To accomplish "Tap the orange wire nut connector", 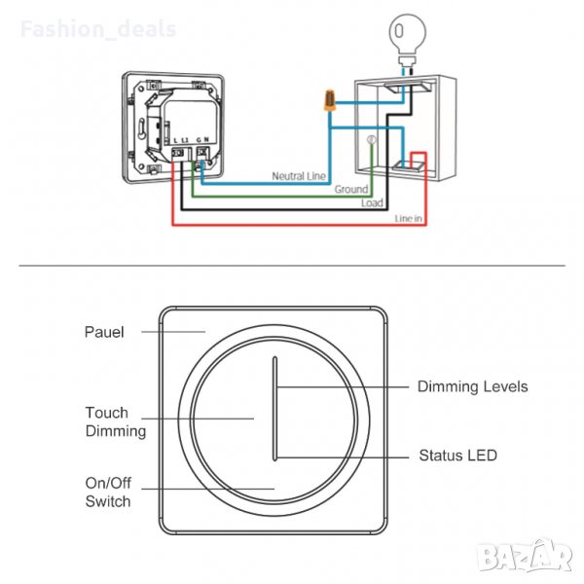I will click(x=331, y=99).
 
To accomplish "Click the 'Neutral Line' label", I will click(x=299, y=177).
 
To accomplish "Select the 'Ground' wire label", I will click(x=351, y=190).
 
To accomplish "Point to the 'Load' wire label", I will click(x=372, y=203).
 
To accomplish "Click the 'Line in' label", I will click(x=408, y=219).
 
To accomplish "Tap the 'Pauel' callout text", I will click(x=104, y=332).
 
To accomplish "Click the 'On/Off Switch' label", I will click(x=107, y=493).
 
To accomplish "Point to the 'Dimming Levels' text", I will click(x=472, y=386).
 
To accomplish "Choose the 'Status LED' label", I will click(x=457, y=455).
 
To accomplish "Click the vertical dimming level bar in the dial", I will click(x=274, y=407).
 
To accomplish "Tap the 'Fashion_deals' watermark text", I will click(x=98, y=29).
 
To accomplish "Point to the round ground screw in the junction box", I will click(x=370, y=142).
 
